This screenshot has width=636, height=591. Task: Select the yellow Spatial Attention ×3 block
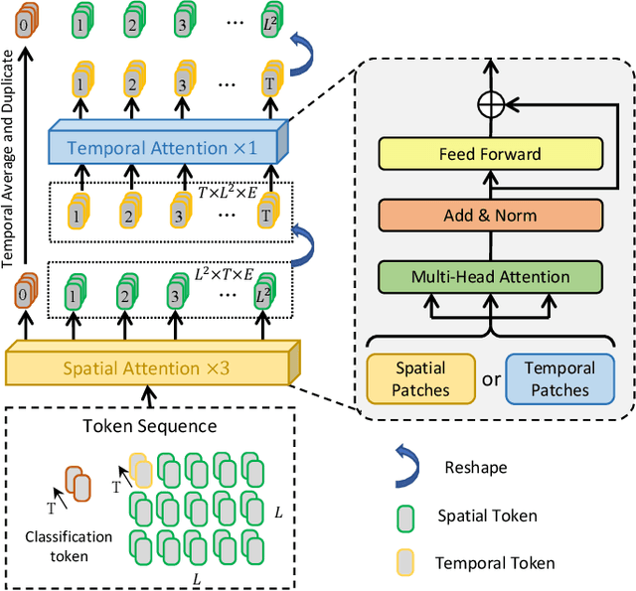pos(147,369)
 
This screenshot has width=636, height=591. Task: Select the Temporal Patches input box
pos(558,377)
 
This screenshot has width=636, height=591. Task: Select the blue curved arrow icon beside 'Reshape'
pos(403,467)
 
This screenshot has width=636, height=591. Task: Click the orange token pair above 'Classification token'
pos(77,486)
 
